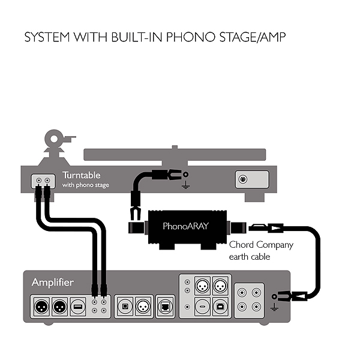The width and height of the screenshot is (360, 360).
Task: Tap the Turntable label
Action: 82,176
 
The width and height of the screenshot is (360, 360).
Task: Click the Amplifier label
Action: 52,282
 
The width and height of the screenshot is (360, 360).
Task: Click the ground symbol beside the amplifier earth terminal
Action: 274,307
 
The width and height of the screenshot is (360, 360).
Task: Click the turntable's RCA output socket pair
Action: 42,180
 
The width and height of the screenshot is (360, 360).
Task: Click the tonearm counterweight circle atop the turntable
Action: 55,139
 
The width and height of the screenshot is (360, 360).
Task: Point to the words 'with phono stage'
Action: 86,185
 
